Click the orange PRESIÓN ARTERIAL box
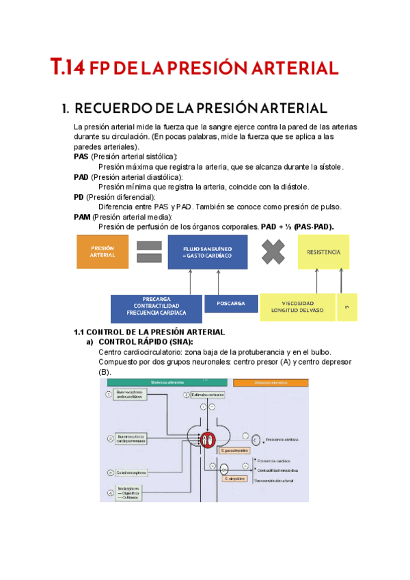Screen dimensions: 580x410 click(x=102, y=251)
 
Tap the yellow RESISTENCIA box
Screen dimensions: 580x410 click(x=323, y=251)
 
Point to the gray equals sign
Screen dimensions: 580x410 click(x=148, y=251)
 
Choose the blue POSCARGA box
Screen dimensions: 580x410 click(x=230, y=303)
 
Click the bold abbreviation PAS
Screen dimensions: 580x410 click(x=81, y=157)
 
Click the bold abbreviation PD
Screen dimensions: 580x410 click(x=79, y=197)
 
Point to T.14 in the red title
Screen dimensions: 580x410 click(x=68, y=68)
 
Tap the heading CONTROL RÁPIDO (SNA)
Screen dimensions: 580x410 click(x=146, y=341)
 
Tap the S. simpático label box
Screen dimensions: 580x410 click(x=235, y=479)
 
